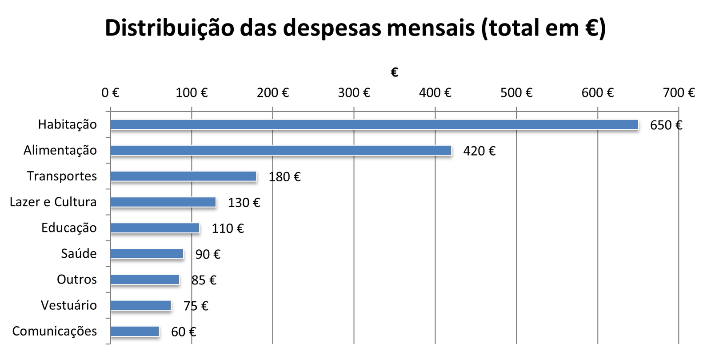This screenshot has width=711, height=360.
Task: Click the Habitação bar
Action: click(374, 124)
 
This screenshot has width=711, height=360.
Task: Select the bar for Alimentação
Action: click(281, 150)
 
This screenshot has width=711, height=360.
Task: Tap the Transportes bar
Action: click(183, 176)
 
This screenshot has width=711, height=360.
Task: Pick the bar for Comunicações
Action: click(135, 331)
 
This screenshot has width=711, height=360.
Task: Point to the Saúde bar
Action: click(147, 253)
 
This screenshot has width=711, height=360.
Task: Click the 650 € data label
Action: click(666, 125)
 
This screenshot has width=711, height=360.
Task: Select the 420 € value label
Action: click(479, 151)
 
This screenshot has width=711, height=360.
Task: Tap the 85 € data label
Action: click(204, 280)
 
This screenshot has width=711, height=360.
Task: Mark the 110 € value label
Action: click(228, 228)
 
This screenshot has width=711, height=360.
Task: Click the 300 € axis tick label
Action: click(354, 92)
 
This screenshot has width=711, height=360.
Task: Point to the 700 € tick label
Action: click(679, 92)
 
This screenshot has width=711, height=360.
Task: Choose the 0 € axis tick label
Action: click(110, 92)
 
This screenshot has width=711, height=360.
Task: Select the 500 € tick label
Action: click(516, 92)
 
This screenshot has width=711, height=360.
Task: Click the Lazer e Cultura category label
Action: click(53, 202)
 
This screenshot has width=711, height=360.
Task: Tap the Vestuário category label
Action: click(69, 305)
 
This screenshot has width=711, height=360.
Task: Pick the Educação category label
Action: click(69, 228)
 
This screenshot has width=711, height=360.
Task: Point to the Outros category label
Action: click(77, 279)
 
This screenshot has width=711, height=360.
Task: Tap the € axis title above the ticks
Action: click(394, 72)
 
